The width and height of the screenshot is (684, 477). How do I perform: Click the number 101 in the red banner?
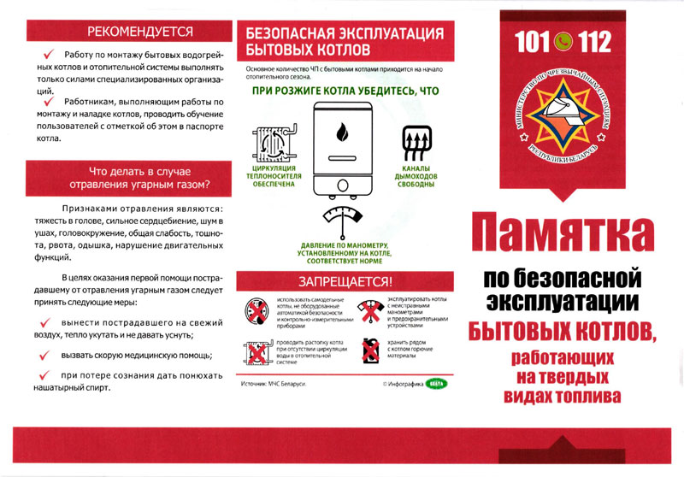pyautogui.click(x=533, y=41)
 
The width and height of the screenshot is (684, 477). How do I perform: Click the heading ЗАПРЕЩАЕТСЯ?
pyautogui.click(x=345, y=280)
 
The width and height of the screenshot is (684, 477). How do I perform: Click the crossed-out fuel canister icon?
pyautogui.click(x=370, y=351)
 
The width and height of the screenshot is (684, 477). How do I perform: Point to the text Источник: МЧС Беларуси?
pyautogui.click(x=275, y=383)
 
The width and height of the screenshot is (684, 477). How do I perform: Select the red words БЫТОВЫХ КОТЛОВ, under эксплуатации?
pyautogui.click(x=562, y=330)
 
